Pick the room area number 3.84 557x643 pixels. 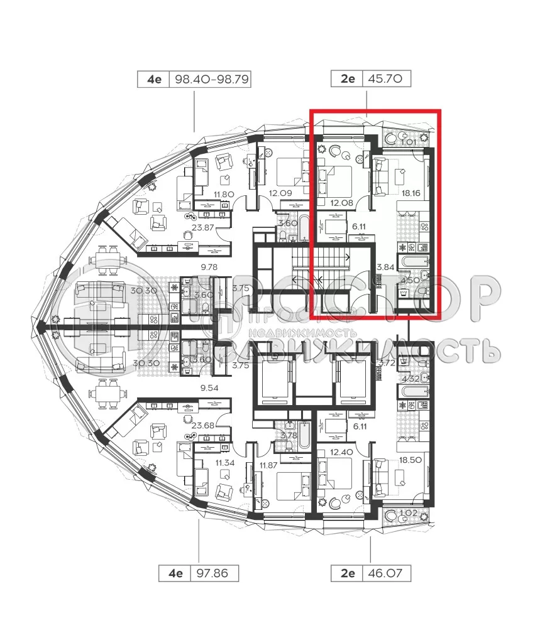click(384, 267)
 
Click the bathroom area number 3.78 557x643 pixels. click(288, 434)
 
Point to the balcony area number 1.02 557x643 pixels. click(408, 513)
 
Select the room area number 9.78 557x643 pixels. click(209, 267)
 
